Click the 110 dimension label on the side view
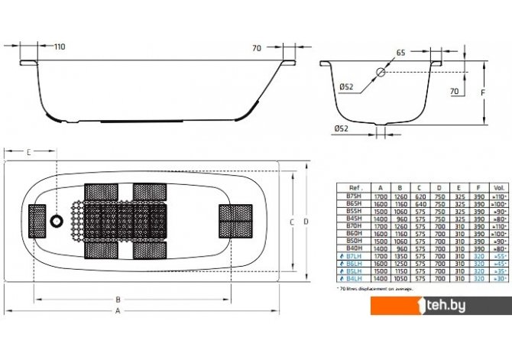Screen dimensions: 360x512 click(x=60, y=47)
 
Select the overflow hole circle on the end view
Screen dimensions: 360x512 click(x=381, y=73)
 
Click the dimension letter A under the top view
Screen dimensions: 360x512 click(x=118, y=333)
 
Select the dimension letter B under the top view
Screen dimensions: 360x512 click(x=118, y=320)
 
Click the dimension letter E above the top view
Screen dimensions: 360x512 click(x=28, y=153)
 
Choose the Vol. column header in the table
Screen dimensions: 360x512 click(x=500, y=187)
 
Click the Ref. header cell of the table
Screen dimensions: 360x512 click(x=355, y=187)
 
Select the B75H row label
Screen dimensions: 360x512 click(x=355, y=197)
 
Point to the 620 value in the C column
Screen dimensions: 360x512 click(x=420, y=197)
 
